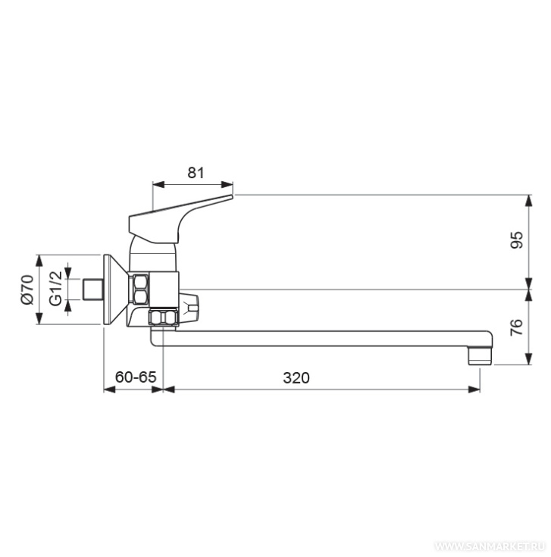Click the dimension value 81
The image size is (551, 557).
[x=196, y=173]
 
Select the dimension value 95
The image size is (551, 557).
[x=517, y=239]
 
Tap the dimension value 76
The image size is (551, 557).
[x=517, y=327]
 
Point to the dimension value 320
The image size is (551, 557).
[x=296, y=377]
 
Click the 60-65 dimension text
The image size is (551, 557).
[x=136, y=377]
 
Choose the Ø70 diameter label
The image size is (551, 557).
[x=27, y=289]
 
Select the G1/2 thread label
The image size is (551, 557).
[x=55, y=288]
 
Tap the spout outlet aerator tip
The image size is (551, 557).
[x=480, y=356]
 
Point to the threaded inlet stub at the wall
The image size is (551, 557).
[x=92, y=289]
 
